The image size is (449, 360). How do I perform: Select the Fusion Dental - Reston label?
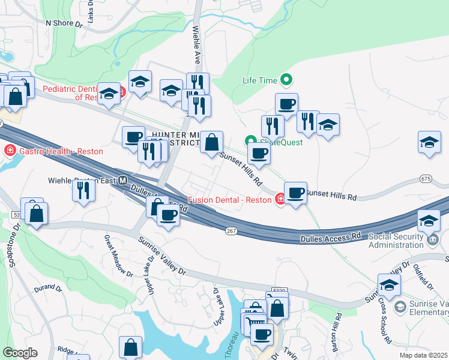(231, 199)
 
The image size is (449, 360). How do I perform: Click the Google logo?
(20, 352)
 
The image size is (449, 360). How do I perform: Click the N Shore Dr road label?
(64, 24)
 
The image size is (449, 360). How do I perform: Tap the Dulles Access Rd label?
(330, 238)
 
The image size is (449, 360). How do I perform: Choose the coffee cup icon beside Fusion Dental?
(295, 193)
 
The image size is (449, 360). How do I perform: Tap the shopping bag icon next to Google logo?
(130, 347)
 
